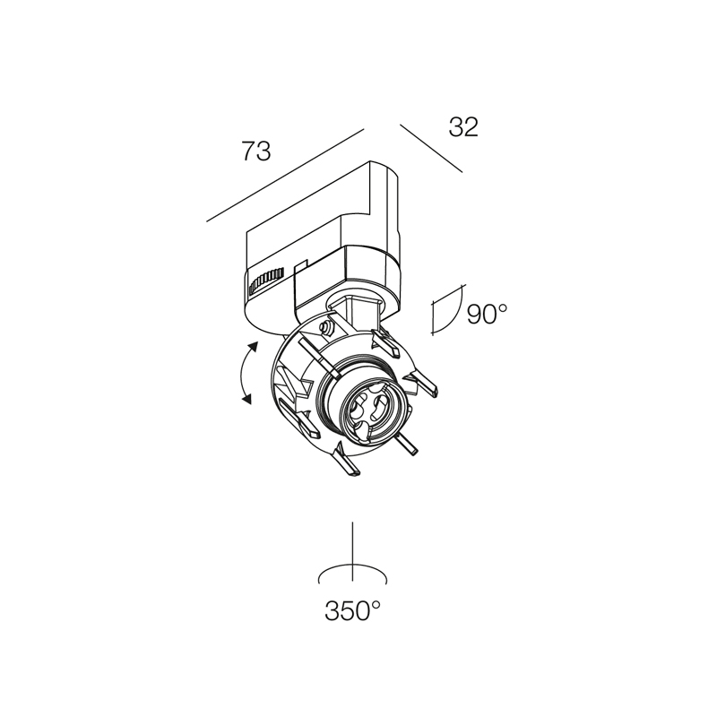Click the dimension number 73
coord(256,151)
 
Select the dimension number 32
coord(463,127)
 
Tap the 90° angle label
coord(488,315)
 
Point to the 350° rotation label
coord(352,610)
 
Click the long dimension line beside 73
coord(285,175)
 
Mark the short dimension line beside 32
coord(431,149)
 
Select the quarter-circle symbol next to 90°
coord(446,309)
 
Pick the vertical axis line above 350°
coord(352,551)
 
